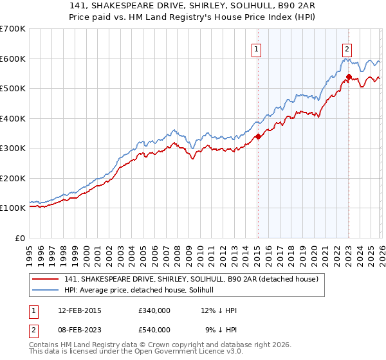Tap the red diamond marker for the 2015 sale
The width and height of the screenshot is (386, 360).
point(258,136)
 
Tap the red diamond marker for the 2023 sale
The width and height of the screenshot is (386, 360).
point(349,76)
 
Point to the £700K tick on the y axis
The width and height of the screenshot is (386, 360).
point(13,29)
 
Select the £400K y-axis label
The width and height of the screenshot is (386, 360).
point(13,118)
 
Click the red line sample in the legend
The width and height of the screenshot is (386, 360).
point(46,280)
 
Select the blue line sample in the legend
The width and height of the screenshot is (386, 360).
point(46,291)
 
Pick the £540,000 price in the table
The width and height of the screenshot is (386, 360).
point(154,329)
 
